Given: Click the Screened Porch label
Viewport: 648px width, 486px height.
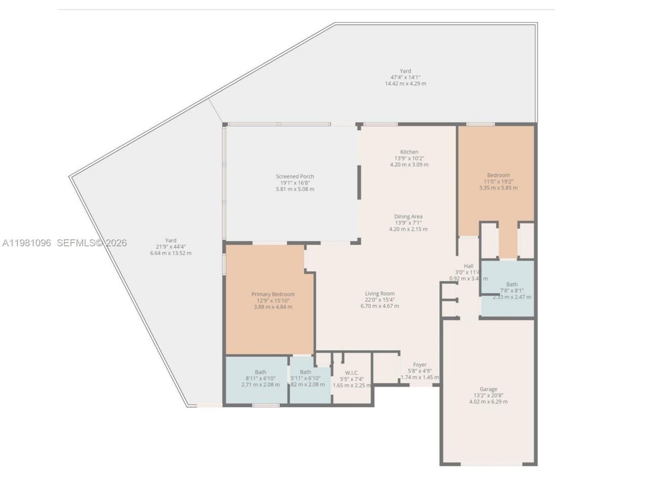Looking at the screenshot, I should (x=295, y=177).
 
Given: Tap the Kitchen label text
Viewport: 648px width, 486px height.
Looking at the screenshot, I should (x=409, y=152).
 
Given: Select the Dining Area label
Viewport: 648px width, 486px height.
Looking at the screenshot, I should (x=408, y=217).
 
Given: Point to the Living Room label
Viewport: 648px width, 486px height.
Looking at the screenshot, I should (x=380, y=294).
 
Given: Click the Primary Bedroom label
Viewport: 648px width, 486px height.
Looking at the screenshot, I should (x=273, y=295).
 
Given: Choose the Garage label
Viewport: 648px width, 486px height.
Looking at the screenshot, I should (x=488, y=389).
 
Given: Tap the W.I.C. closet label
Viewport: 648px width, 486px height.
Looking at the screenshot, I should (x=352, y=373).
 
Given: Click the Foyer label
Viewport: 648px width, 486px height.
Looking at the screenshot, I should (x=420, y=364).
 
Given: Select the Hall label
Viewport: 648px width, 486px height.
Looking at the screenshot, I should (x=468, y=266).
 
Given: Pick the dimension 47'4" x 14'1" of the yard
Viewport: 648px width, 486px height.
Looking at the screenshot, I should (x=405, y=77).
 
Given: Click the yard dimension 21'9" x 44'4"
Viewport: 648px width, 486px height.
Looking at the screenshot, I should (x=171, y=247).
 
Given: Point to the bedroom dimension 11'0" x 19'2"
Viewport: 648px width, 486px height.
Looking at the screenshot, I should (x=498, y=181).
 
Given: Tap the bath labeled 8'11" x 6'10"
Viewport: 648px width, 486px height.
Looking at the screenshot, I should (x=260, y=378).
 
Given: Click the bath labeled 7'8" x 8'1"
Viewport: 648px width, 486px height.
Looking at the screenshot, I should (x=511, y=291).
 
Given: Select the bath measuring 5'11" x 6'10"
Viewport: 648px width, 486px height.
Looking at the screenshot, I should (x=305, y=378).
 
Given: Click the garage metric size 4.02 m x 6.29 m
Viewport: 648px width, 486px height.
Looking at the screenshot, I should (x=488, y=402).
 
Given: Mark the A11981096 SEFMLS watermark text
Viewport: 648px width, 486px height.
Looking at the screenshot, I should (x=64, y=243).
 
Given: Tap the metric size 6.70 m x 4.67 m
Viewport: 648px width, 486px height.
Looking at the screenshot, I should (x=380, y=306).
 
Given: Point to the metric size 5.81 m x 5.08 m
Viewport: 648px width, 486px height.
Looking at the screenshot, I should (x=295, y=189).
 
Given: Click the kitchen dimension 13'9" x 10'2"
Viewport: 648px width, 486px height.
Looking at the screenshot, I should (x=409, y=158).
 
